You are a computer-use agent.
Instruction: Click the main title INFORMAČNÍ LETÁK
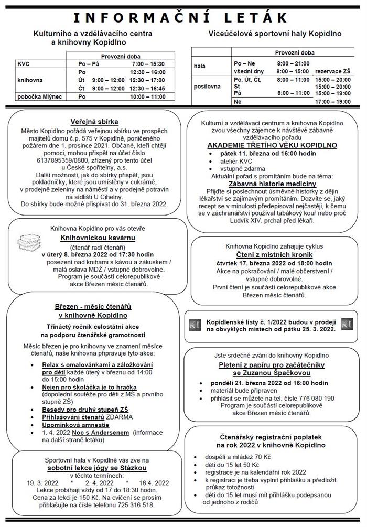[x=183, y=18]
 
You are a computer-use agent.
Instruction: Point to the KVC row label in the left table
[x=24, y=63]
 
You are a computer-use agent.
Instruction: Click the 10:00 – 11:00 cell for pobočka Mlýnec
[x=147, y=97]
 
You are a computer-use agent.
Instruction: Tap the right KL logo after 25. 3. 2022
[x=347, y=325]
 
